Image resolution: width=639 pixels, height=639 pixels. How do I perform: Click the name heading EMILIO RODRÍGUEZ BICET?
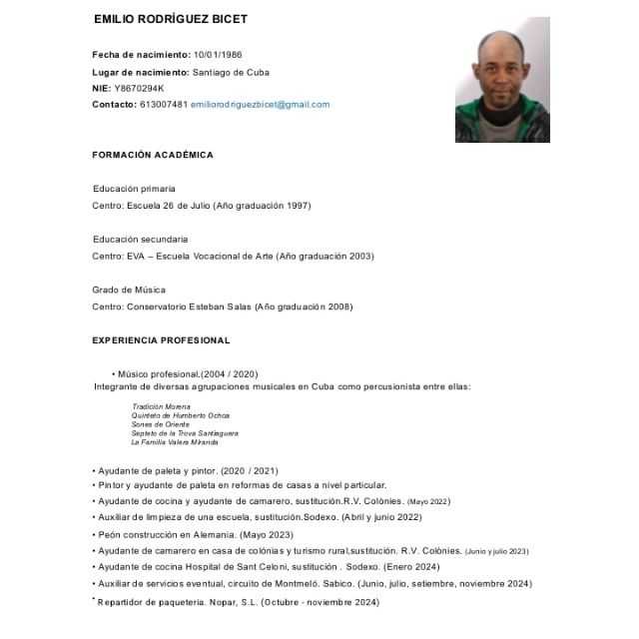(x=170, y=20)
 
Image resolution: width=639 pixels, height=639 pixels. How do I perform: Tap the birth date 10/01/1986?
(x=218, y=54)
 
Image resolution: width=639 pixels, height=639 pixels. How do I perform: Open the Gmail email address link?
(x=260, y=104)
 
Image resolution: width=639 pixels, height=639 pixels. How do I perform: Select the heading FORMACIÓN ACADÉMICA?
(x=153, y=155)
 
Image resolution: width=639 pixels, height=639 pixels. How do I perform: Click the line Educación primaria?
(x=134, y=188)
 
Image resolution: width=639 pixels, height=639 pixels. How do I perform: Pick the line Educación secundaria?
(x=140, y=240)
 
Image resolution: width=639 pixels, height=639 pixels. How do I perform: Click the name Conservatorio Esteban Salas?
(x=189, y=307)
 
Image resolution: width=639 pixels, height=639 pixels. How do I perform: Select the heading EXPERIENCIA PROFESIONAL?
(x=161, y=340)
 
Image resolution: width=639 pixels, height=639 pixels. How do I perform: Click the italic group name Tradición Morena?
(x=161, y=406)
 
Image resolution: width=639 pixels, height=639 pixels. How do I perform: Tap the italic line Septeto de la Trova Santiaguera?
(x=185, y=433)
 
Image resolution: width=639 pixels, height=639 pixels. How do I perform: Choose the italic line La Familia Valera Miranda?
(x=175, y=442)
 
